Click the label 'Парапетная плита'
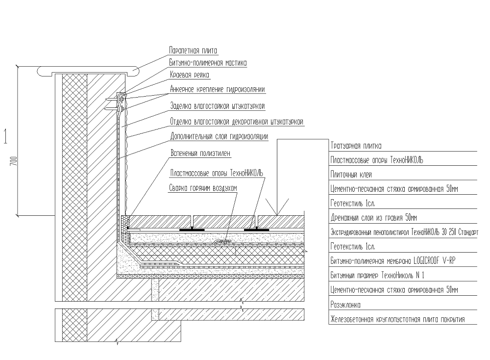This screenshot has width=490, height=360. pos(193,51)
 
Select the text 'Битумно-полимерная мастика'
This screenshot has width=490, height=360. pos(208,63)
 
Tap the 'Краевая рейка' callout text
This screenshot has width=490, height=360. pos(190,75)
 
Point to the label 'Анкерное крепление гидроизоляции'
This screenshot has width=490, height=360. pos(218,89)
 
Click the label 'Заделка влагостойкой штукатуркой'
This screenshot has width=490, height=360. pos(218,105)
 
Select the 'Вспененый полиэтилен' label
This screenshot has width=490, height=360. pos(200,153)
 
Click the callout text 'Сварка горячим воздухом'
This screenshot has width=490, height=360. pos(203,188)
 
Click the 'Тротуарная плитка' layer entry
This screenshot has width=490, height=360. pos(356,146)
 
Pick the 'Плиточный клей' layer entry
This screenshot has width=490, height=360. pos(351,174)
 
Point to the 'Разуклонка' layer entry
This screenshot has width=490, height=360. pos(346,305)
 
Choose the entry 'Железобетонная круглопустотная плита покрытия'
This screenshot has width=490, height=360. pos(397,320)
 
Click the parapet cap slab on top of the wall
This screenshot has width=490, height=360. pos(88,70)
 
